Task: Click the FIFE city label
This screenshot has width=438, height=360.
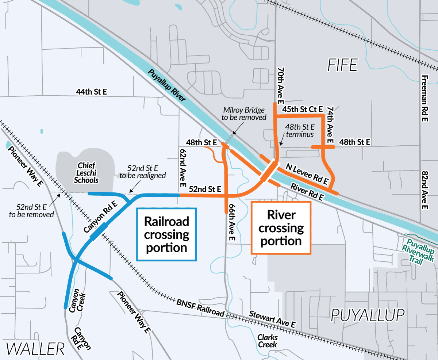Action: (342, 65)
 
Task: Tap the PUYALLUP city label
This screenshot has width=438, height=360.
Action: (368, 314)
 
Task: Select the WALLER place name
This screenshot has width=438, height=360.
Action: (35, 349)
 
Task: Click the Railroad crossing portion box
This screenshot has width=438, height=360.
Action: (166, 234)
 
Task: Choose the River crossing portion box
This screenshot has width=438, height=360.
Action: (281, 228)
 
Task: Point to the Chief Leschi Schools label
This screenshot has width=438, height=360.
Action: (86, 173)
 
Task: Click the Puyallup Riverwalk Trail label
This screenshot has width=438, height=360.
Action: (419, 250)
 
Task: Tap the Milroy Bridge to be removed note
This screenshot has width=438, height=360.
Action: (245, 114)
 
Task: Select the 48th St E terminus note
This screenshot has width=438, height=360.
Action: (300, 131)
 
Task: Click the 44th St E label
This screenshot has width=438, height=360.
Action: (92, 92)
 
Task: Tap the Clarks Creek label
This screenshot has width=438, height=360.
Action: (268, 341)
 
